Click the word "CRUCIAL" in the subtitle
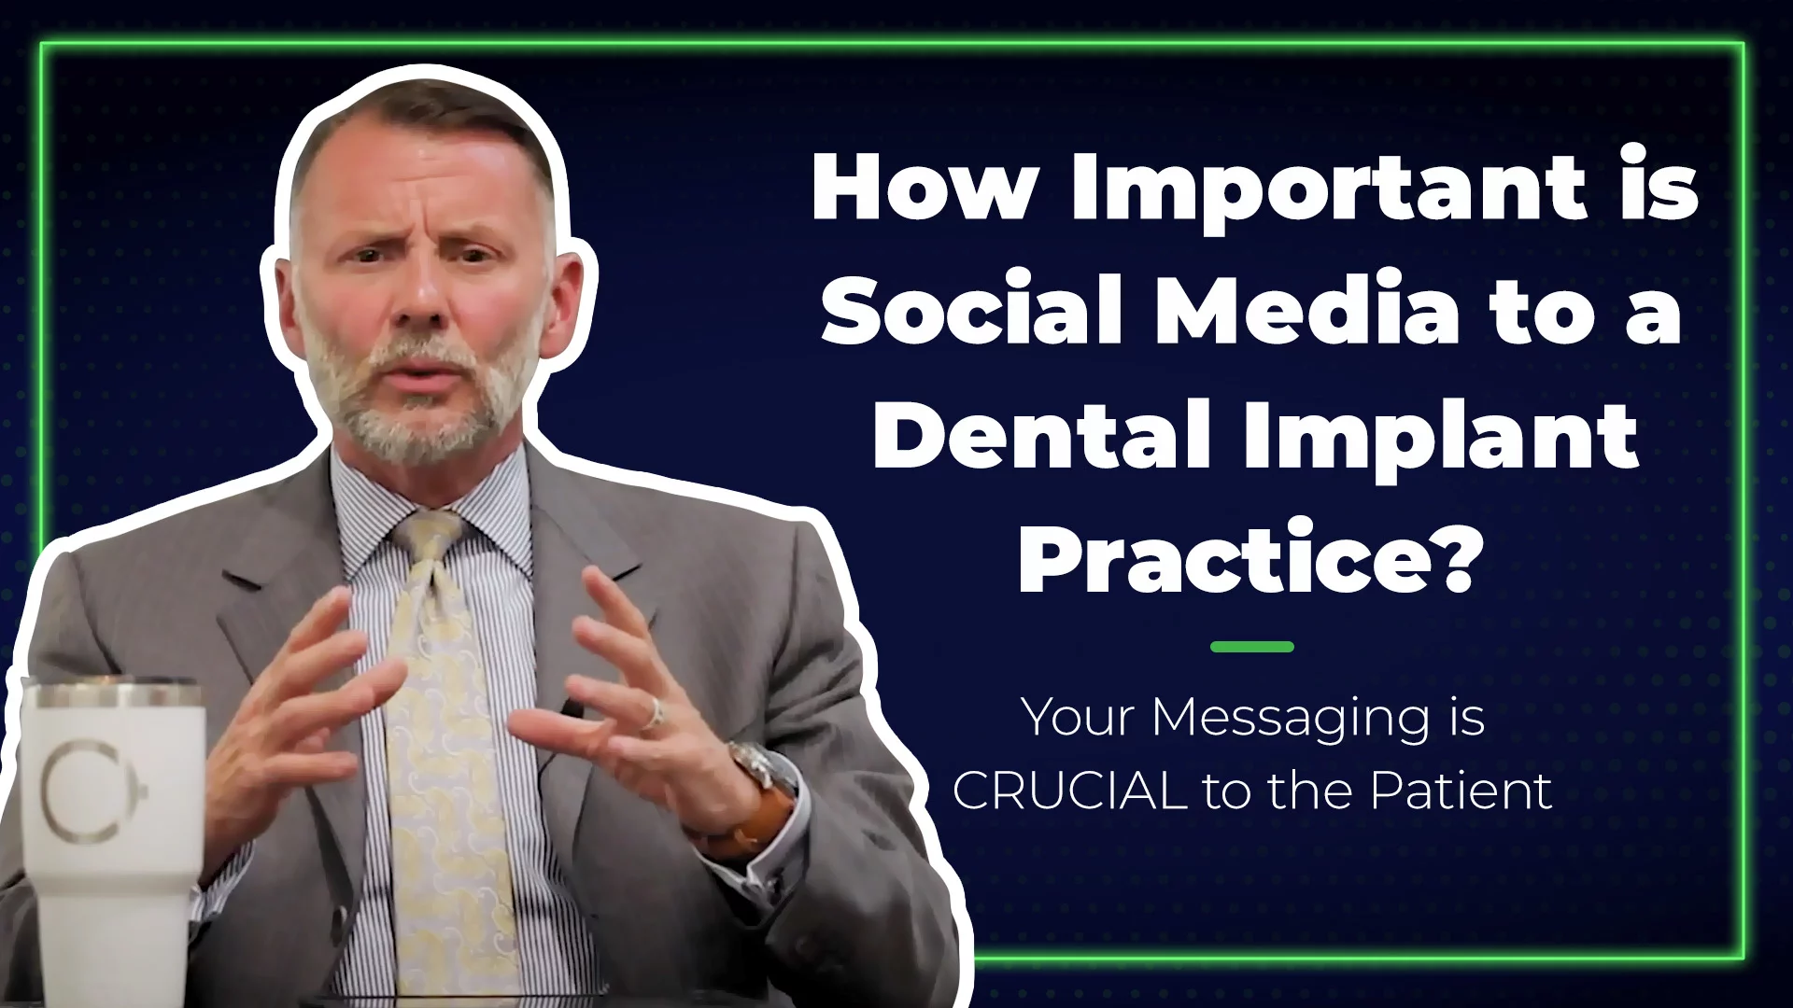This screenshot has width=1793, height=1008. [x=1069, y=791]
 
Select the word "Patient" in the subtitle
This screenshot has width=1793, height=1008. [x=1461, y=791]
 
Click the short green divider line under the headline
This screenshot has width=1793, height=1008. [x=1251, y=646]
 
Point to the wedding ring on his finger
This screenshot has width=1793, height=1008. [x=655, y=714]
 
